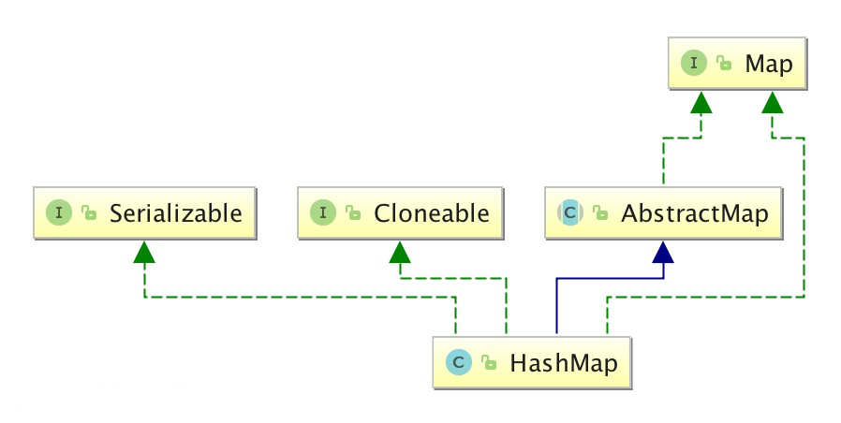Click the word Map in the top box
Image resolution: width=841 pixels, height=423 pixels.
point(768,64)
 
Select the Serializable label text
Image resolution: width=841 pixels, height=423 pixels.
point(175,212)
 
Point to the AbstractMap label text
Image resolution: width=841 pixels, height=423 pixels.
point(694,213)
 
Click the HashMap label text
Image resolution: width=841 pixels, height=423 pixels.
point(563,362)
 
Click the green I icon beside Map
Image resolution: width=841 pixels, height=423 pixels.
point(695,64)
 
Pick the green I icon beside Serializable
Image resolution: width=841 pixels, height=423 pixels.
point(59,212)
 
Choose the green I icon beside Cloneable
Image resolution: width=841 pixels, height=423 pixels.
point(323,212)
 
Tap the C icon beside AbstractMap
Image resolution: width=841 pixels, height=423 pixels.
point(570,213)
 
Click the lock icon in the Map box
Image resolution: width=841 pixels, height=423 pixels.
point(724,65)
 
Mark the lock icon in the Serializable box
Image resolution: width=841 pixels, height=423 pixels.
point(88,213)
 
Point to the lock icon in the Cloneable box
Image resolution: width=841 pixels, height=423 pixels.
point(352,213)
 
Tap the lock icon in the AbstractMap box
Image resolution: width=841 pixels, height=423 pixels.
point(599,214)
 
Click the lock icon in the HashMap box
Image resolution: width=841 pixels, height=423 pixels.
point(487,363)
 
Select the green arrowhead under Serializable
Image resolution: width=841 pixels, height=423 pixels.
point(143,250)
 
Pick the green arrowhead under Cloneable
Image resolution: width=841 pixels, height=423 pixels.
point(400,250)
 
